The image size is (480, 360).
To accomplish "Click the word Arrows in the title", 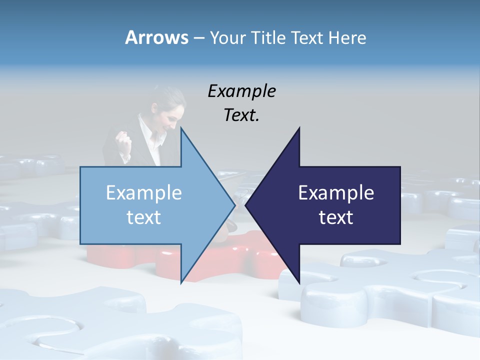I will tap(156, 37).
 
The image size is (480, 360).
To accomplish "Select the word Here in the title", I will tap(347, 37).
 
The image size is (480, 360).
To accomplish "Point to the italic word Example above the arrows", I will tap(241, 91).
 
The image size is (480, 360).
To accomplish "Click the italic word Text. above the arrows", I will tap(241, 115).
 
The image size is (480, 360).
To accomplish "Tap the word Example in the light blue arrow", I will tap(144, 192).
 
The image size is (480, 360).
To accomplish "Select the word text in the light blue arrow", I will tap(144, 217).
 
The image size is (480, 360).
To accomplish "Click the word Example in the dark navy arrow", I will tap(336, 192).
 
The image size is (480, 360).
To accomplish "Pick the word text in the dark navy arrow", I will tap(336, 217).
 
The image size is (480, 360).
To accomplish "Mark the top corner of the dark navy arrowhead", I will tap(299, 128).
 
